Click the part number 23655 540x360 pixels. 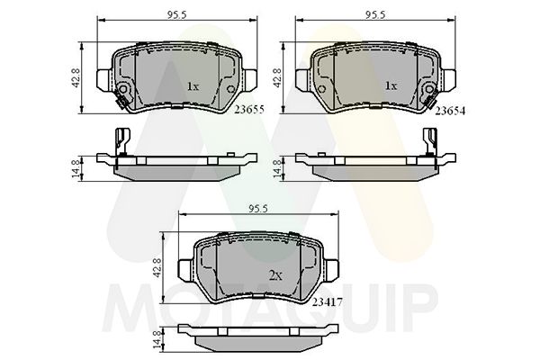pos(249,110)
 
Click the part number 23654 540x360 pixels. pos(450,111)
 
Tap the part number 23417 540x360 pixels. pos(327,302)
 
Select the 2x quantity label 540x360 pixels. pos(274,275)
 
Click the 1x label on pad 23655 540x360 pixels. pos(193,86)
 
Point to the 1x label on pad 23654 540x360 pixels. pos(391,85)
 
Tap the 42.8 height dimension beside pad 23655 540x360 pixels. pos(76,78)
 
